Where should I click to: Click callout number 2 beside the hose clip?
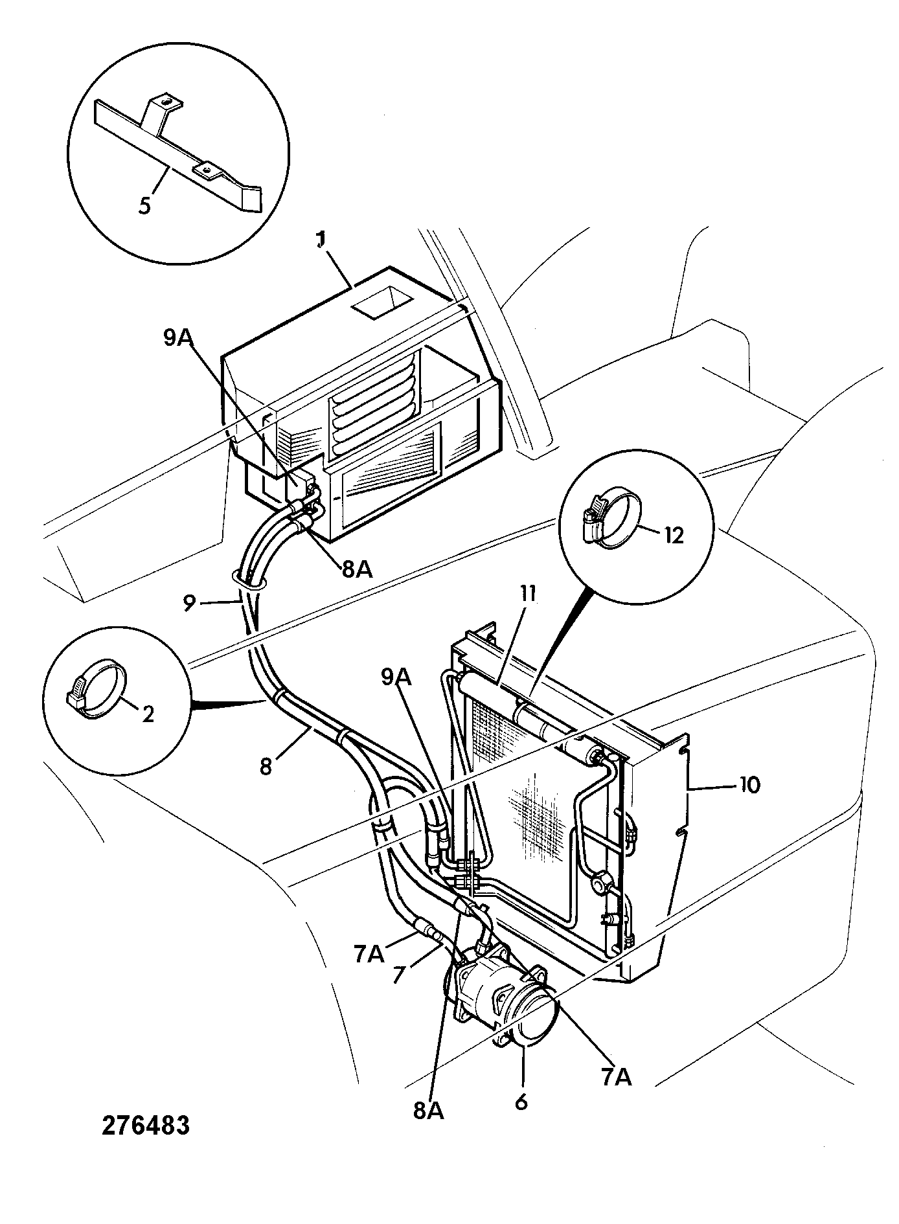(148, 714)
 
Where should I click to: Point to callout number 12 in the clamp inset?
(674, 535)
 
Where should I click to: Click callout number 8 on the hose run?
(266, 766)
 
